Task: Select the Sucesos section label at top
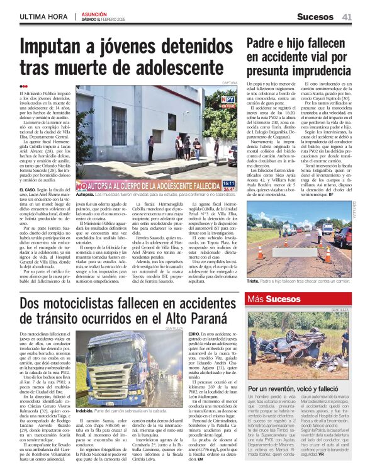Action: click(315, 16)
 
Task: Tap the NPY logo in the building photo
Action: click(228, 100)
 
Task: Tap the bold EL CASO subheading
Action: click(28, 188)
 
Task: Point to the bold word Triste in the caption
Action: click(255, 283)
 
